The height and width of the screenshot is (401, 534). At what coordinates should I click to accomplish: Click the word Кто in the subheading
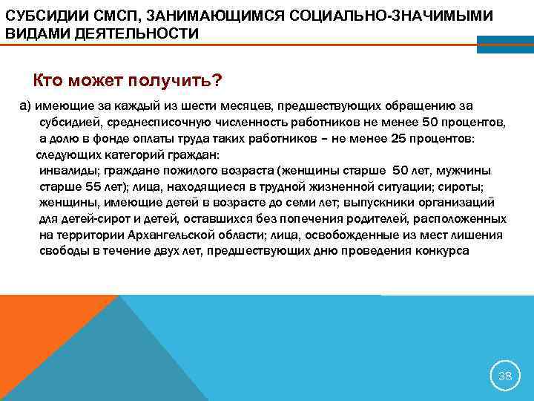(x=50, y=80)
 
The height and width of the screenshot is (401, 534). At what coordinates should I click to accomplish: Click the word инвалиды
(x=66, y=171)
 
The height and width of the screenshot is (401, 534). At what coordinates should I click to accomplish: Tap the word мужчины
(x=476, y=171)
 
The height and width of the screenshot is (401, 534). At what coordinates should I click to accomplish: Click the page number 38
(x=505, y=376)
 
